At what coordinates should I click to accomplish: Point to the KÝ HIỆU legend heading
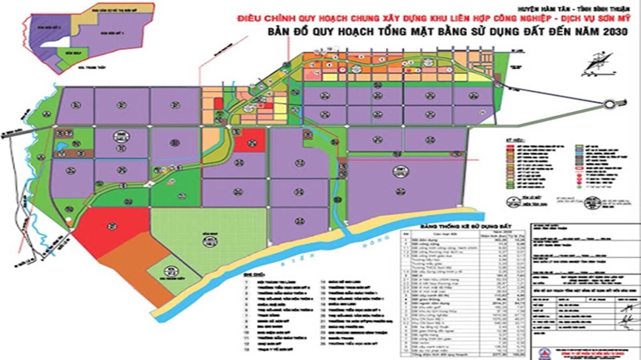pyautogui.click(x=513, y=138)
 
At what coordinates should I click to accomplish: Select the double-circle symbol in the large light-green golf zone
pyautogui.click(x=208, y=240)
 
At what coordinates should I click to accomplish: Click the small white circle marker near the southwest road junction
pyautogui.click(x=69, y=222)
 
